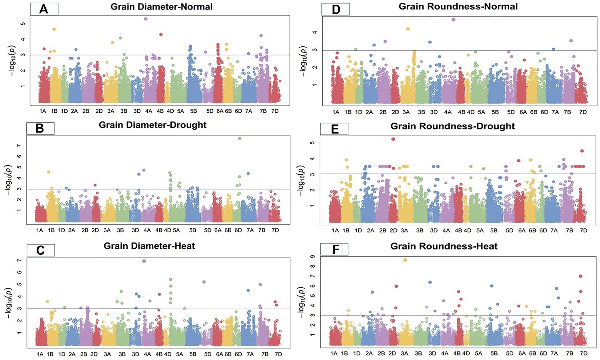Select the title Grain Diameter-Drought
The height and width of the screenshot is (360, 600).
(x=152, y=125)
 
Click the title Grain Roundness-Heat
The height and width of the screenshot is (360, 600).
(x=444, y=246)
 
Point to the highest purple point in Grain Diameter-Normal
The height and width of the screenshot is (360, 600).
(x=146, y=19)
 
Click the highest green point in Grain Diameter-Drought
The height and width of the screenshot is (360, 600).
(x=239, y=138)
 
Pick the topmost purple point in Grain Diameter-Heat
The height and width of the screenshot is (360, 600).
(x=144, y=261)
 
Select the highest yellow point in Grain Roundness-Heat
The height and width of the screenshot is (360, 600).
(x=405, y=260)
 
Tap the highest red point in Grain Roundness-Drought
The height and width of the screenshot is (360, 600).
(x=393, y=139)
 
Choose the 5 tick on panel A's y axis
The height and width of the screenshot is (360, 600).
(x=22, y=24)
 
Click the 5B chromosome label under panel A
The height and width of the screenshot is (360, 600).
(x=193, y=111)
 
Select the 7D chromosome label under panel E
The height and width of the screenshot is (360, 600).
(x=583, y=230)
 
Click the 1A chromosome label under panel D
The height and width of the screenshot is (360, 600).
(x=336, y=112)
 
